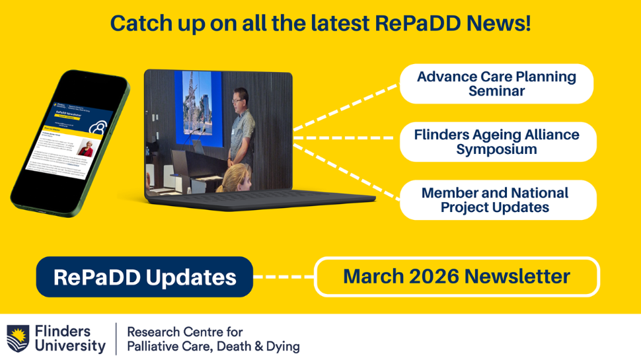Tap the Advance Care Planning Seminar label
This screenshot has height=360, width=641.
point(496,84)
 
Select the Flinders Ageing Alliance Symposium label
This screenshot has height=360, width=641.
point(497,142)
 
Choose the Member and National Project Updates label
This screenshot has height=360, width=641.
point(495,200)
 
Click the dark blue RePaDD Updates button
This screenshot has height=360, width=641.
point(144,277)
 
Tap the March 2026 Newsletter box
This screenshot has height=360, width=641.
point(457,276)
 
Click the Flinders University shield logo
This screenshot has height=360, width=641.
point(17,338)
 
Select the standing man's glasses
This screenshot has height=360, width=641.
point(237,100)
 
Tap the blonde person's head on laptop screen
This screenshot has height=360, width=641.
point(237,177)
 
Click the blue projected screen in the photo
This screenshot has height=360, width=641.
point(198,106)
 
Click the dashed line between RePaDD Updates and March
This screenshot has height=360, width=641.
point(283,277)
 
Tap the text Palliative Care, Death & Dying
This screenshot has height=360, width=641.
point(213,346)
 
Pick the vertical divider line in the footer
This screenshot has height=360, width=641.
point(116,338)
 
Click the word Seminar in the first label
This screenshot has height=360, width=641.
point(496,91)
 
